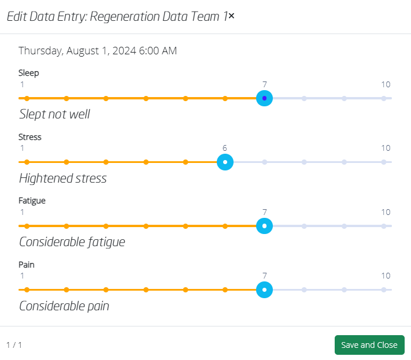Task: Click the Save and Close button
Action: coord(369,345)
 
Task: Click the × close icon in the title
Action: coord(231,16)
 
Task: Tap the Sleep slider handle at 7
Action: coord(265,98)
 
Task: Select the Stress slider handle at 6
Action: coord(225,162)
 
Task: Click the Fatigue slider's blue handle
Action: coord(265,226)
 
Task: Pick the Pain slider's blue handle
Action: coord(265,290)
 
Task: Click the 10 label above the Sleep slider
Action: coord(386,84)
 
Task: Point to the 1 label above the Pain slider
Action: coord(23,276)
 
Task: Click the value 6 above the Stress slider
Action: coord(225,148)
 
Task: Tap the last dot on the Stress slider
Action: coord(384,162)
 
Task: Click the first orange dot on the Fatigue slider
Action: coord(27,226)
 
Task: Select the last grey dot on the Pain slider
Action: coord(384,290)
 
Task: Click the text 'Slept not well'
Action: coord(54,114)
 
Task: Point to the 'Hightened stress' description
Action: coord(63,178)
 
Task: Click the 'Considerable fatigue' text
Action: coord(72,242)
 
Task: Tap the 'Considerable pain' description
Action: coord(64,306)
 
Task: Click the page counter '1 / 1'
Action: coord(14,345)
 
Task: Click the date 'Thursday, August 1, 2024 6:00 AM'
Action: coord(98,51)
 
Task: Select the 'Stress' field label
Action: coord(30,137)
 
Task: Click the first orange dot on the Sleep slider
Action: coord(27,98)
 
